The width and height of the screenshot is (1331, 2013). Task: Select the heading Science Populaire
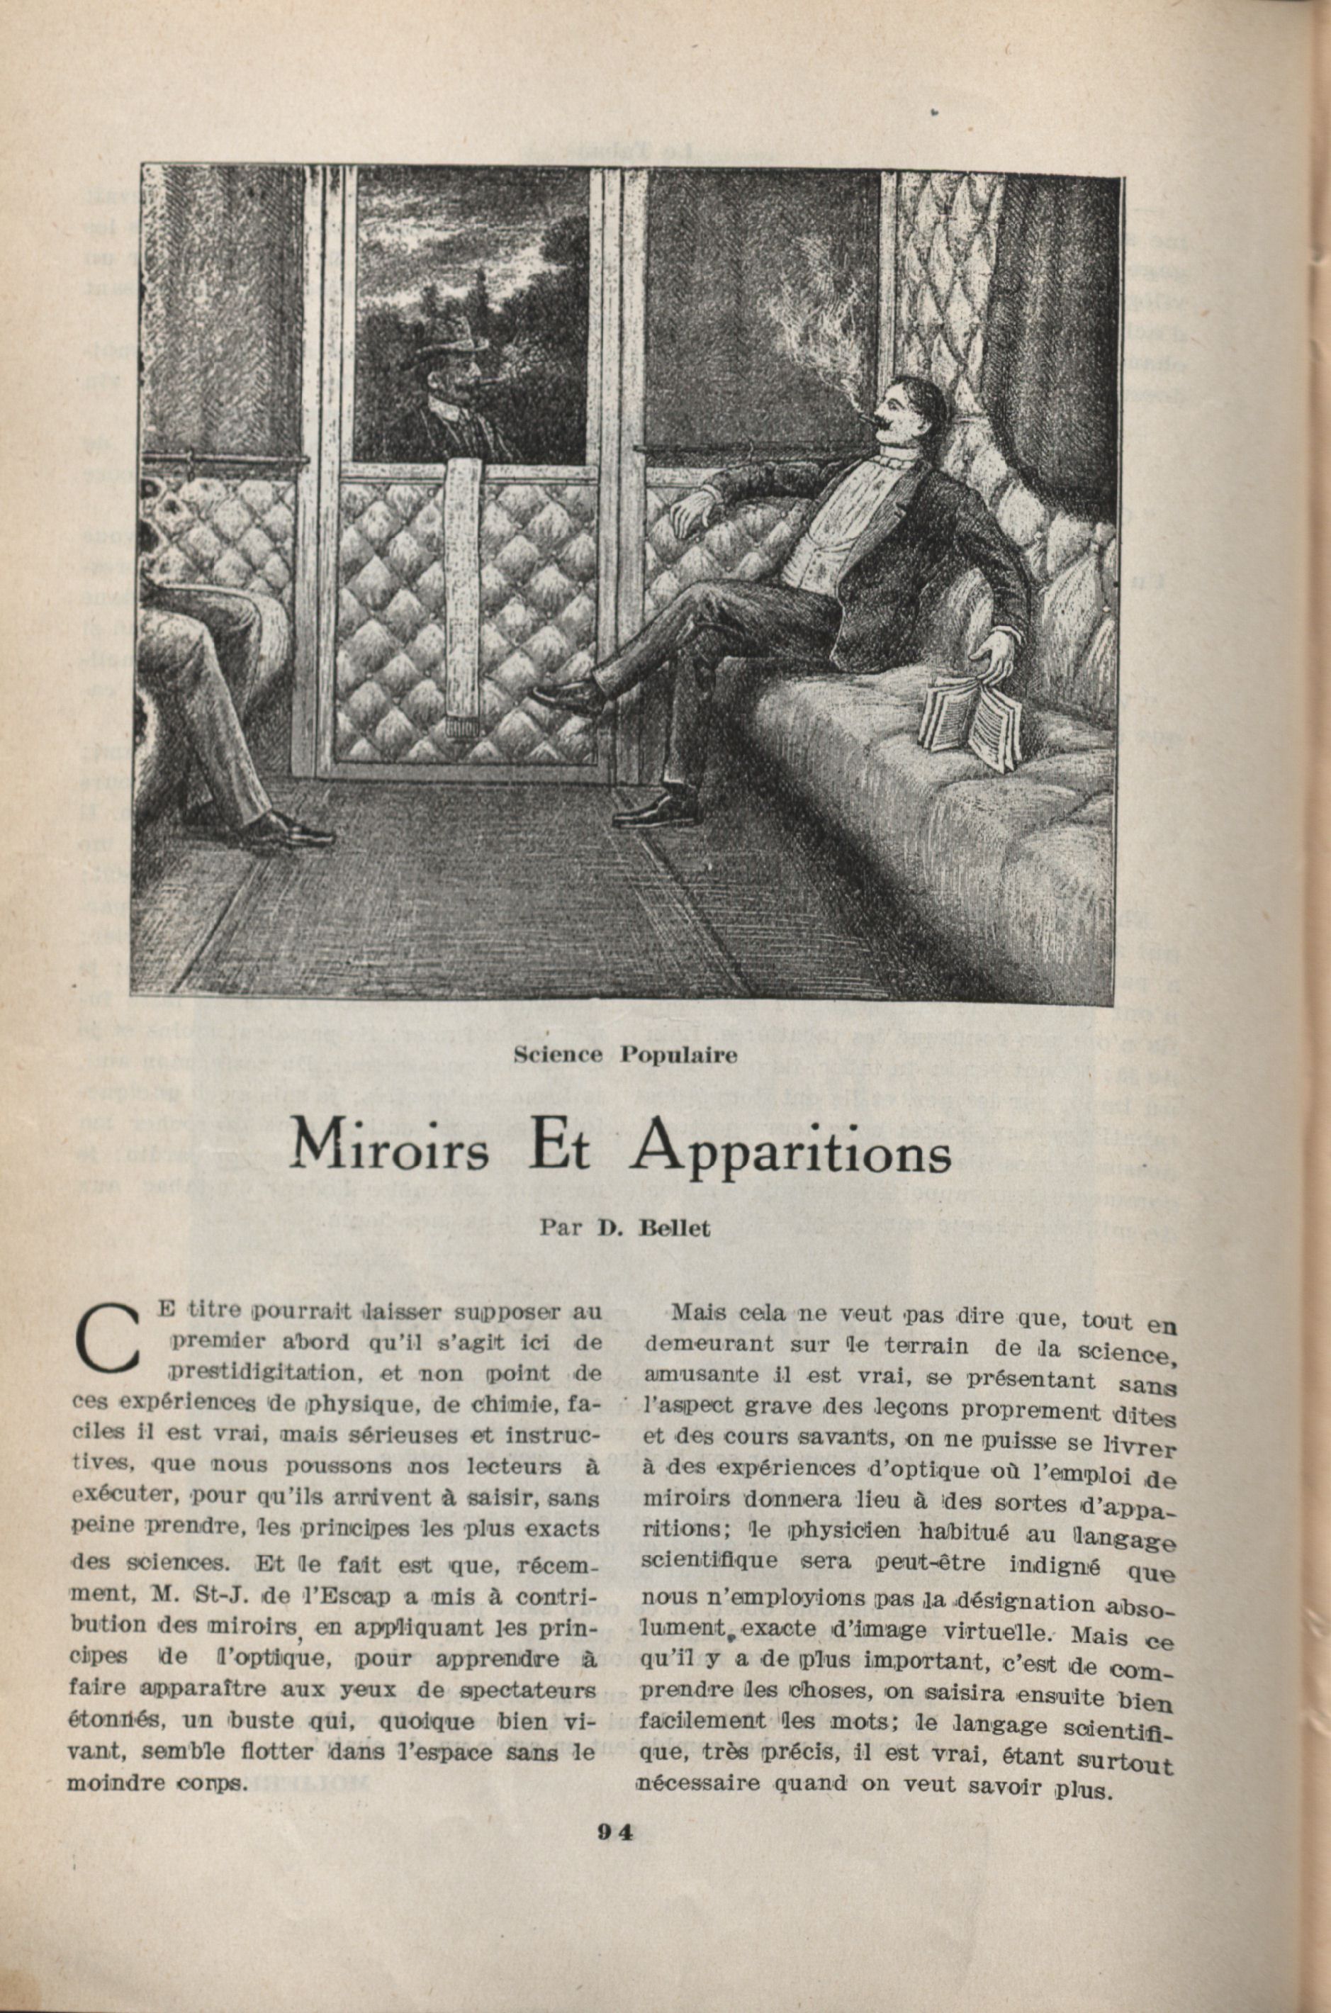click(x=623, y=1055)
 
